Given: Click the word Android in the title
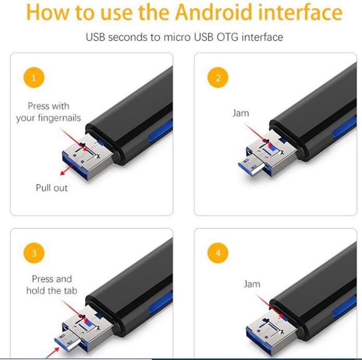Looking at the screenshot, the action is tap(213, 12).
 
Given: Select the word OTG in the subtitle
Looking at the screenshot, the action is tap(227, 37).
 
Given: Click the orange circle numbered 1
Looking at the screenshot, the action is tap(34, 77).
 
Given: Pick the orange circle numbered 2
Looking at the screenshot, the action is tap(218, 77).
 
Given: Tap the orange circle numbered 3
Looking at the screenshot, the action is tap(34, 253).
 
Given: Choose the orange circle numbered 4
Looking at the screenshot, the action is tap(218, 253).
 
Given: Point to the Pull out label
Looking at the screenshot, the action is tap(52, 188).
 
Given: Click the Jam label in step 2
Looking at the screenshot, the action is tap(240, 113).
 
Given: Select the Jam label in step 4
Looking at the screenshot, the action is tap(252, 284).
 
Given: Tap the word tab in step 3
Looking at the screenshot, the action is tap(70, 291).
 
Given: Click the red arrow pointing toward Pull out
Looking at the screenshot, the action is tap(67, 169).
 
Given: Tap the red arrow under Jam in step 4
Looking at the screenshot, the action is tap(270, 306).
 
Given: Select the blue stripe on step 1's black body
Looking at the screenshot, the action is tap(161, 131).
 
